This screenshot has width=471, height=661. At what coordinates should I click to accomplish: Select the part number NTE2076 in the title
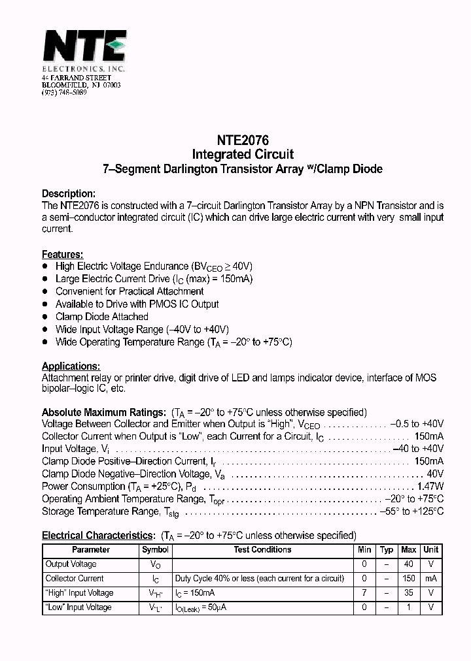[x=242, y=140]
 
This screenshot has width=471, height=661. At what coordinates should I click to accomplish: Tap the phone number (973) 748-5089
[x=64, y=93]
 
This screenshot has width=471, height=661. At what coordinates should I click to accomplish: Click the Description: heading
[x=69, y=193]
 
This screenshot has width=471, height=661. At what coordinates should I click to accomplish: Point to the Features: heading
[x=62, y=254]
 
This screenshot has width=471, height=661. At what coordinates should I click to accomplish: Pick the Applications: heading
[x=71, y=366]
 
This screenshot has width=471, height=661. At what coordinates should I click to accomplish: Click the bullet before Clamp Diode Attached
[x=45, y=317]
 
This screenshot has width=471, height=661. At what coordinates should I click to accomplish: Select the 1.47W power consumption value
[x=430, y=487]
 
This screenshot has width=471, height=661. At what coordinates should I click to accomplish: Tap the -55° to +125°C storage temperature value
[x=411, y=511]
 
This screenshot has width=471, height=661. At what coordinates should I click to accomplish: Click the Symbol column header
[x=155, y=550]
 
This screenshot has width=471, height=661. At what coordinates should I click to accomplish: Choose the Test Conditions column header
[x=262, y=550]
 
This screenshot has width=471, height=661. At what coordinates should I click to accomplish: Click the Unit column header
[x=430, y=550]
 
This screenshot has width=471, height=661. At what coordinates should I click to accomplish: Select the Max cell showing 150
[x=409, y=579]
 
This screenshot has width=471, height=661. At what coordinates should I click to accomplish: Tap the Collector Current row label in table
[x=74, y=579]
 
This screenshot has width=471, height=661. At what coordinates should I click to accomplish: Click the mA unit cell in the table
[x=430, y=579]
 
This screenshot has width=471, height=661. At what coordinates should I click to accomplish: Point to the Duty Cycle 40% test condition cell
[x=259, y=579]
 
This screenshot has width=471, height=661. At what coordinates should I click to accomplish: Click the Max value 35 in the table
[x=409, y=593]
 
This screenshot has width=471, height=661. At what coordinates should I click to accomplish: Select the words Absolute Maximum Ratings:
[x=103, y=412]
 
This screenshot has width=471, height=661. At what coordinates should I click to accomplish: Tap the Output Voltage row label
[x=71, y=564]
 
